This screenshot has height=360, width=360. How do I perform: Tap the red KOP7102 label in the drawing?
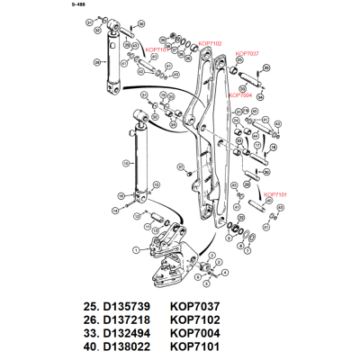point(208,42)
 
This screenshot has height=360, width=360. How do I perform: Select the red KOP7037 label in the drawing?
point(247,54)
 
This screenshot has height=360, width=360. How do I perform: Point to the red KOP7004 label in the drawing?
point(239,94)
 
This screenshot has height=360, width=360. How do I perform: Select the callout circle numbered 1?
point(135,249)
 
